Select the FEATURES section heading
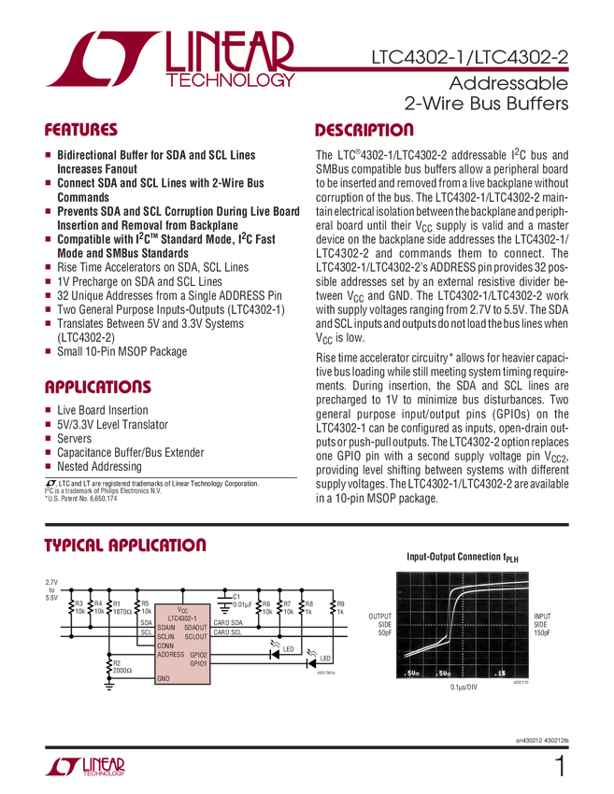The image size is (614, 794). coord(80,128)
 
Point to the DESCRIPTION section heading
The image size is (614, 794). coord(364,128)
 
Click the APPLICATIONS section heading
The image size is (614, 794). coord(93,385)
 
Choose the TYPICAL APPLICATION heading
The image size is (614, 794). coord(125,545)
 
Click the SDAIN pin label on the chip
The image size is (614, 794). coord(166,628)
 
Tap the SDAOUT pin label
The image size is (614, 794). coord(195,628)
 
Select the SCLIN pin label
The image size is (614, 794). coord(166,636)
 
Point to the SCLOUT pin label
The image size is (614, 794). coord(195,636)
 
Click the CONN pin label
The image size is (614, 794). coord(165,645)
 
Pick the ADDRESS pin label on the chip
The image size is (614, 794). coord(170,654)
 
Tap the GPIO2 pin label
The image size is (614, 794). coord(198,655)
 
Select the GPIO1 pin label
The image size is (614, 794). coord(198,663)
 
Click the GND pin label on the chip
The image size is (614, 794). coord(164,678)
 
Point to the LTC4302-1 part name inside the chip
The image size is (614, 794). coord(182,617)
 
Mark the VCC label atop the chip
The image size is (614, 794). coord(182,608)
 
